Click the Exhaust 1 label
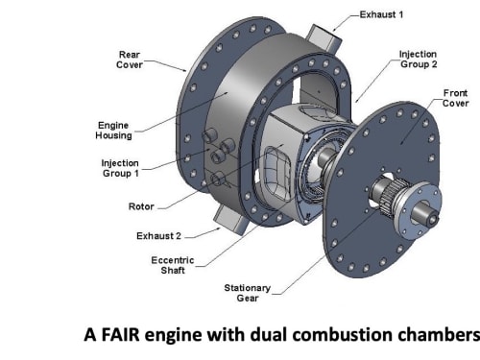(x=381, y=14)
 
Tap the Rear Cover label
(x=130, y=60)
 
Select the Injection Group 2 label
(x=419, y=60)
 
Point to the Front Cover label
(x=455, y=98)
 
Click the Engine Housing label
(x=113, y=131)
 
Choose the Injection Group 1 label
(x=120, y=168)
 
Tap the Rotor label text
(x=141, y=206)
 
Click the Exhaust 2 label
(x=158, y=236)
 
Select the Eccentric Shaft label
(x=173, y=265)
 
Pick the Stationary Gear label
(x=248, y=293)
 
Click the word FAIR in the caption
(x=120, y=335)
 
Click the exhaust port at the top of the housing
(x=324, y=37)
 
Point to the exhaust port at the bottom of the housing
(x=229, y=220)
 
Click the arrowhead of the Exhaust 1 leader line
(x=334, y=29)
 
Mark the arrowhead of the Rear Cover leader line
(x=183, y=70)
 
